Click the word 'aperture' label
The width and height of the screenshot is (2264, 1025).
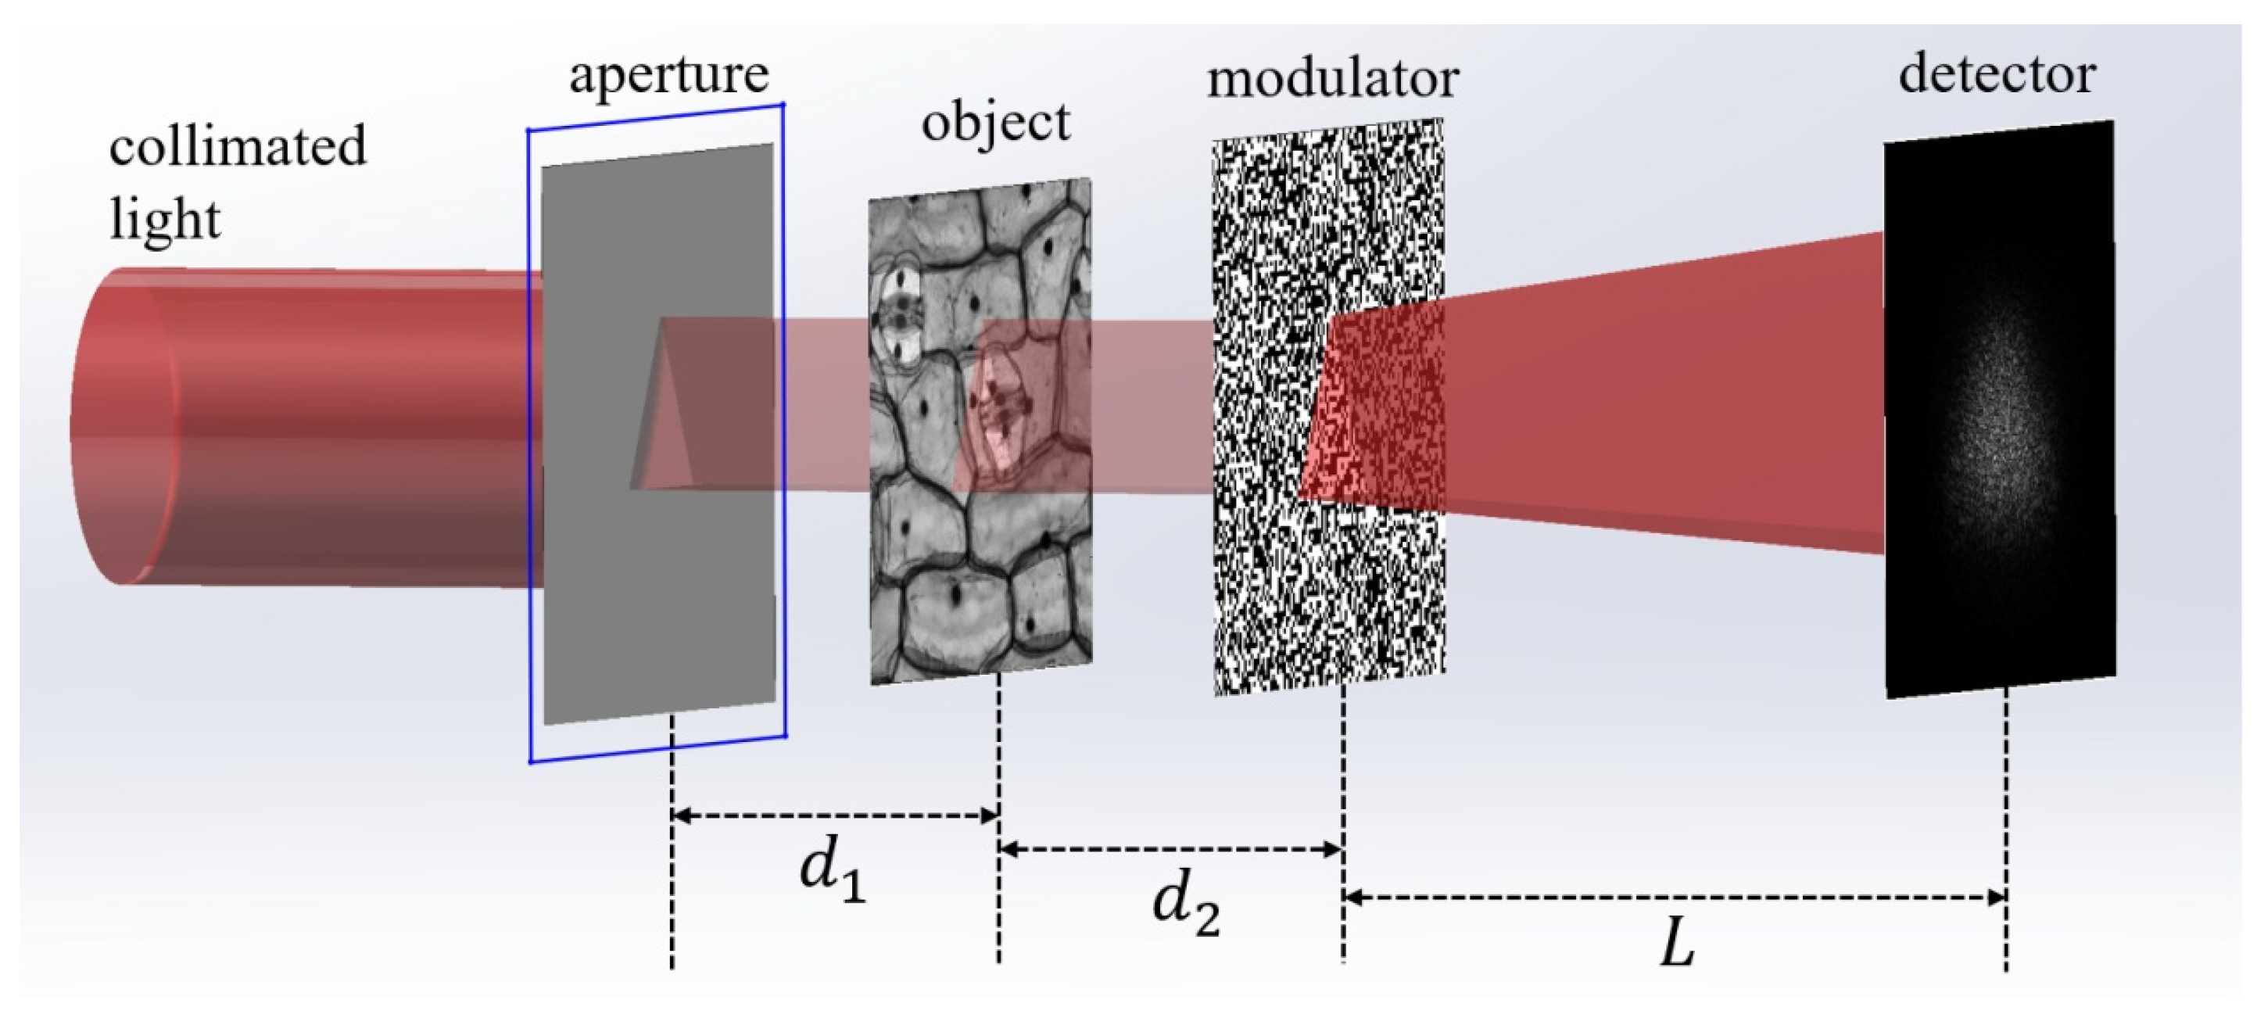pos(669,76)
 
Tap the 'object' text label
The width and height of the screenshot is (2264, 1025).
pos(995,121)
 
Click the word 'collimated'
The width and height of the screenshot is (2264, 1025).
pos(238,146)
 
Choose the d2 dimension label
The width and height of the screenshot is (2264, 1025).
pos(1186,908)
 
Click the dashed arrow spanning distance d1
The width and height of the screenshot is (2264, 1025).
pos(835,815)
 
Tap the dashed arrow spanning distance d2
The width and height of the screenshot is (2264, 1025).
pos(1170,849)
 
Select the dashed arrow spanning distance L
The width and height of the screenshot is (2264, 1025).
pos(1675,898)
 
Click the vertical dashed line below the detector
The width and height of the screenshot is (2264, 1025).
pos(2005,826)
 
